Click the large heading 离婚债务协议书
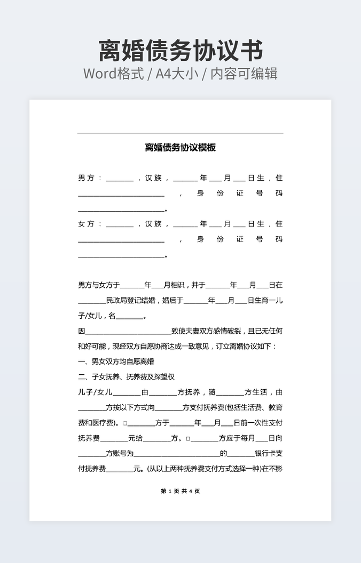(x=180, y=51)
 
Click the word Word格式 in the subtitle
(x=114, y=74)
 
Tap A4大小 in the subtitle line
(x=177, y=74)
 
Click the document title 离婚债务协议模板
(x=180, y=148)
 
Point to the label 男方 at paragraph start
(x=86, y=178)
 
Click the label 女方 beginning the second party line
(x=86, y=224)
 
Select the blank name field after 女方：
(x=120, y=226)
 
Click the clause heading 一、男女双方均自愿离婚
(x=116, y=361)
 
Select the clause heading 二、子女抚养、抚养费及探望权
(x=126, y=377)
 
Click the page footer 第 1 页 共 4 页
(x=180, y=491)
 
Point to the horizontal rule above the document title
(x=180, y=133)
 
